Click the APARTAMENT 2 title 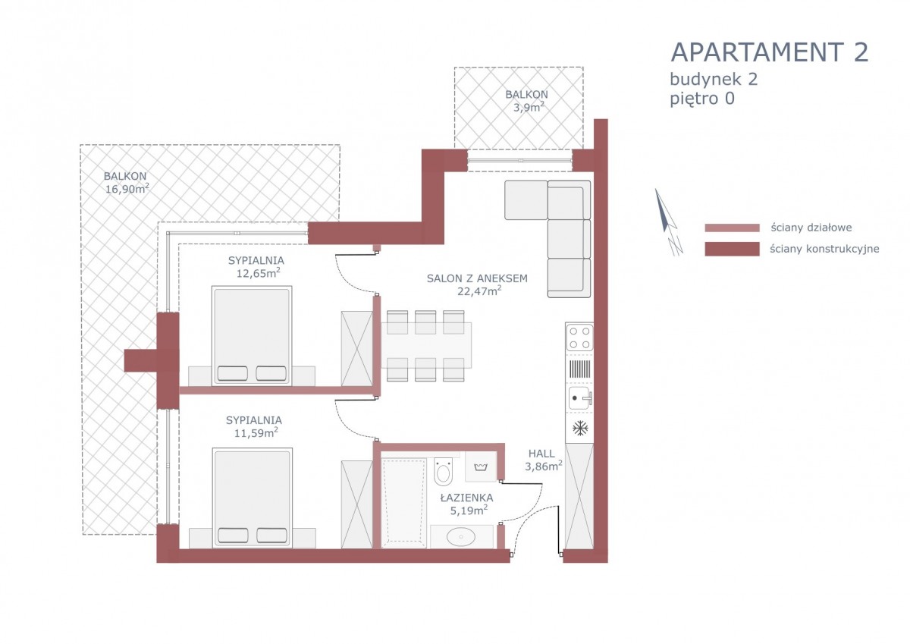[770, 52]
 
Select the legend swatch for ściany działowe [732, 228]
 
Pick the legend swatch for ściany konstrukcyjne [732, 249]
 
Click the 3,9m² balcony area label [528, 107]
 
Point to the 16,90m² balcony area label [127, 189]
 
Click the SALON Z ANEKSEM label [477, 278]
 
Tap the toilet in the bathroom [443, 471]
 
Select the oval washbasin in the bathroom [461, 537]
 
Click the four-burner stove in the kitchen [579, 338]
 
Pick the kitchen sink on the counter [580, 397]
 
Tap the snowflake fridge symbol [580, 428]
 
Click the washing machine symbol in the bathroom [481, 467]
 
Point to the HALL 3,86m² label [543, 460]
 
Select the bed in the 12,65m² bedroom [252, 335]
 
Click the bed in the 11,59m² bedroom [253, 498]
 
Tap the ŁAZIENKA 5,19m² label [468, 504]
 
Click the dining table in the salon [426, 345]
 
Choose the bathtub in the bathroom [403, 504]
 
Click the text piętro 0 [702, 99]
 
